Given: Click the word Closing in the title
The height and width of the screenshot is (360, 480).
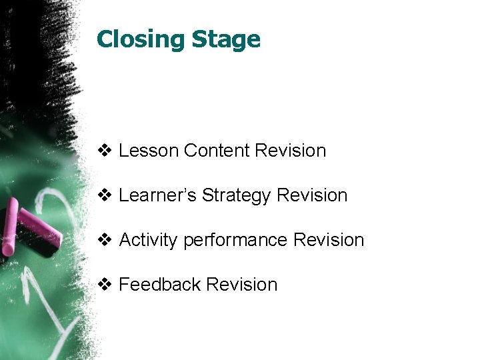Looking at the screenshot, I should [141, 40].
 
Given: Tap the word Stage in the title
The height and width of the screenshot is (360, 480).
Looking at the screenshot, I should [226, 40].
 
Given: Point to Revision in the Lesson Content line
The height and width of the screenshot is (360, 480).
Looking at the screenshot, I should [290, 151].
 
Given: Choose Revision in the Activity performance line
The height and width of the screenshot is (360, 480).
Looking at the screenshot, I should [329, 240].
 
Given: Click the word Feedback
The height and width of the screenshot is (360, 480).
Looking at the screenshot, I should [159, 285].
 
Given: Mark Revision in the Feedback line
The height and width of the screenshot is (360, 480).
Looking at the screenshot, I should [241, 285].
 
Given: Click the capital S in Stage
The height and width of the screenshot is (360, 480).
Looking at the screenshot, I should [199, 40].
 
